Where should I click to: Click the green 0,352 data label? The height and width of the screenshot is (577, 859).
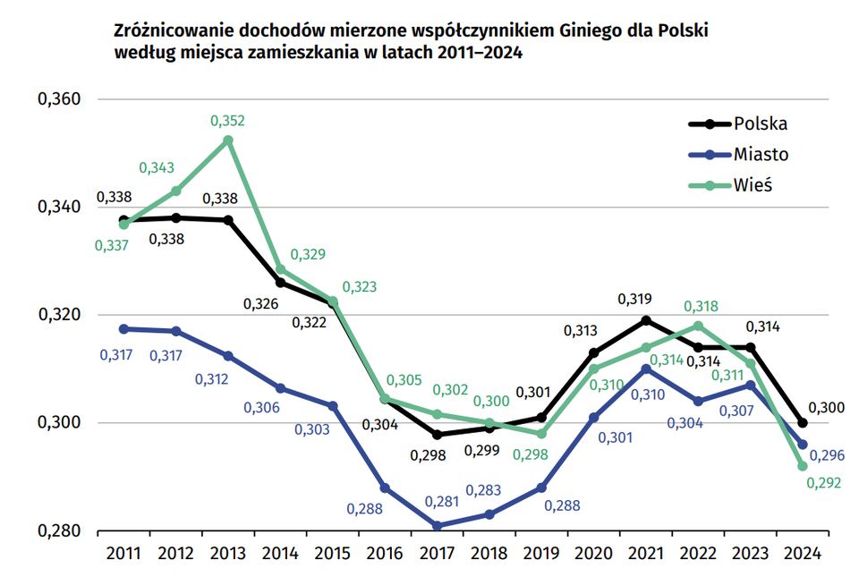(227, 120)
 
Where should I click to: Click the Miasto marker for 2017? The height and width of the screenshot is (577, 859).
(437, 526)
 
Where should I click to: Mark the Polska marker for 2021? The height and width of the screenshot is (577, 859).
(646, 320)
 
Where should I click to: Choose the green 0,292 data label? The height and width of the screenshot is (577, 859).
(824, 484)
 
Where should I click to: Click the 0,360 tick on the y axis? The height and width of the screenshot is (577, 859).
(59, 99)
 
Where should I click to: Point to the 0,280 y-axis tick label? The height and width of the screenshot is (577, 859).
(59, 531)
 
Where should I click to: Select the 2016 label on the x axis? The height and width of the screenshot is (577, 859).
(384, 553)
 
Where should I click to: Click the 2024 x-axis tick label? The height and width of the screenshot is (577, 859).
(803, 553)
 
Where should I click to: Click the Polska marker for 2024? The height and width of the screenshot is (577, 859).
(803, 423)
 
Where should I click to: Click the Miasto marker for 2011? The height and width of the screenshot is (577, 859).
(123, 328)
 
